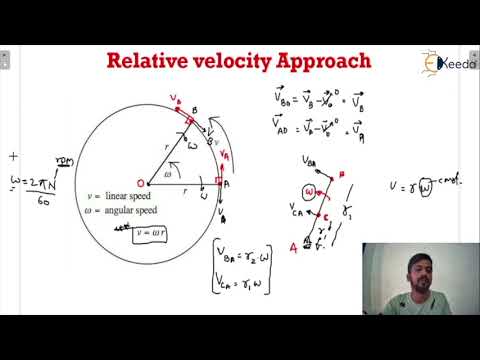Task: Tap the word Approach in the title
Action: (323, 62)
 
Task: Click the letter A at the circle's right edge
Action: (226, 184)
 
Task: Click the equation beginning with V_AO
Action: (316, 126)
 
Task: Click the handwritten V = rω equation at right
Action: (421, 186)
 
